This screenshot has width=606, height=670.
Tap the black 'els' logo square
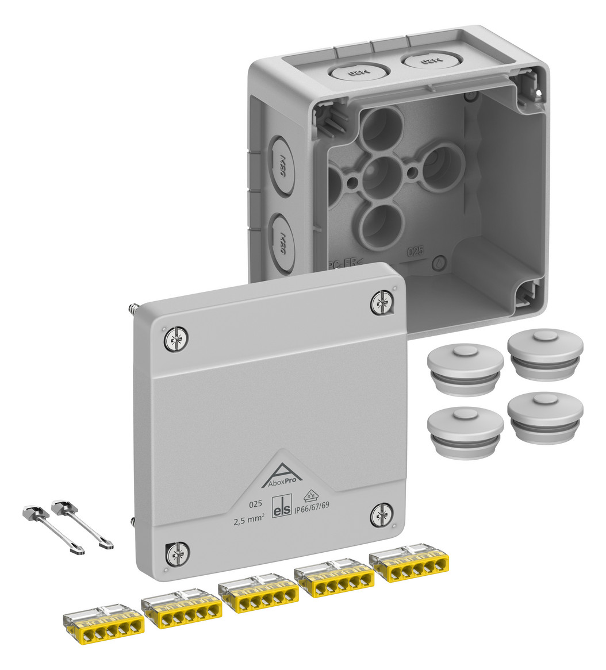282,510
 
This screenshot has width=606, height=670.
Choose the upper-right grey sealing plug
545,353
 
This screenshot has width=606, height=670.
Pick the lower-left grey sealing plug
465,431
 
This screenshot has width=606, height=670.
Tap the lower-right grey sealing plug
545,417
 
